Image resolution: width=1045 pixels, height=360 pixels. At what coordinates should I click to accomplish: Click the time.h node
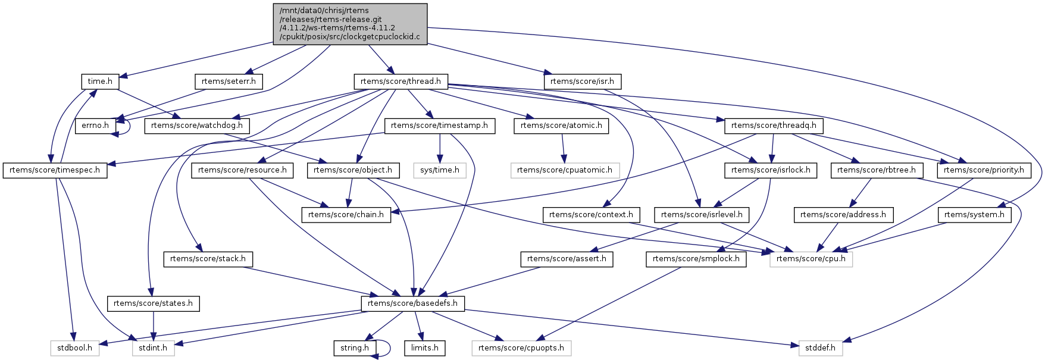100,82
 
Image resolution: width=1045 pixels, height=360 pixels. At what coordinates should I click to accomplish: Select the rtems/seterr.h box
229,82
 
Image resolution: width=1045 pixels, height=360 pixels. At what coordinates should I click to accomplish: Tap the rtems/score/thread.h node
401,82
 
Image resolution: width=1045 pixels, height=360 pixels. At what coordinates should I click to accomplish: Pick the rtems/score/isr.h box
582,82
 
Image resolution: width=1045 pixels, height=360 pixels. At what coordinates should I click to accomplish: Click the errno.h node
95,126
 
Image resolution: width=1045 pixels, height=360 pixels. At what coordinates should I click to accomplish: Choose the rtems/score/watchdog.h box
197,126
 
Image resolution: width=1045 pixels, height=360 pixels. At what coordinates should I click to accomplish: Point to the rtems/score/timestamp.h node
439,126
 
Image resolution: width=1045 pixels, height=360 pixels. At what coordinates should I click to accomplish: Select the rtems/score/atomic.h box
561,126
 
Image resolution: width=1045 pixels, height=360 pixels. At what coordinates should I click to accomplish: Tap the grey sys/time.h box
440,170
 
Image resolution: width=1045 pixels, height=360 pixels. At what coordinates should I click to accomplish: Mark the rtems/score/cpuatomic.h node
565,170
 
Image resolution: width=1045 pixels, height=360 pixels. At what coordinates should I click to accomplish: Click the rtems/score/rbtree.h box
876,170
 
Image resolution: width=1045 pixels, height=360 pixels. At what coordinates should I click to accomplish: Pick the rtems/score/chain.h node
346,215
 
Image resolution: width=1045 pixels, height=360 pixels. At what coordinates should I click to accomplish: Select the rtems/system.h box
974,215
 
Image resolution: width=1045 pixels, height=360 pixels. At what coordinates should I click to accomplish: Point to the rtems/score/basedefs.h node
412,303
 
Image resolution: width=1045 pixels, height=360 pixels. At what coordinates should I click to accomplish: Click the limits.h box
425,348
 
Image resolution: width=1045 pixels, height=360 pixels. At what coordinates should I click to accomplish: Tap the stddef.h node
821,348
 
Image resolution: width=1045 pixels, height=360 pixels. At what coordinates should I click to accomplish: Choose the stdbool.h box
74,348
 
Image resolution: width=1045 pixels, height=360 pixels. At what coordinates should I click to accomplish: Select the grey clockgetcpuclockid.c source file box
350,23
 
